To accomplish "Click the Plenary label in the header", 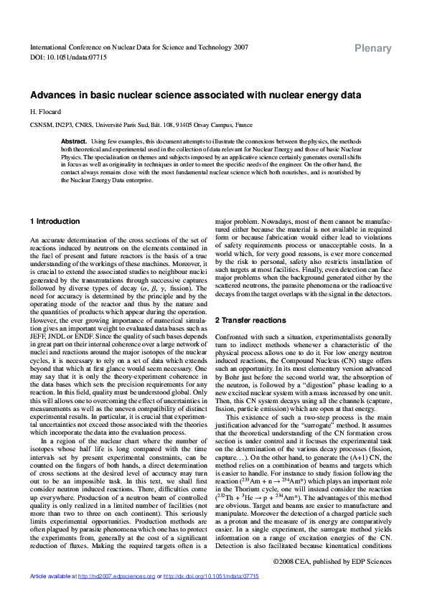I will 373,49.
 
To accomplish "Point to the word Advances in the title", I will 52,95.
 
